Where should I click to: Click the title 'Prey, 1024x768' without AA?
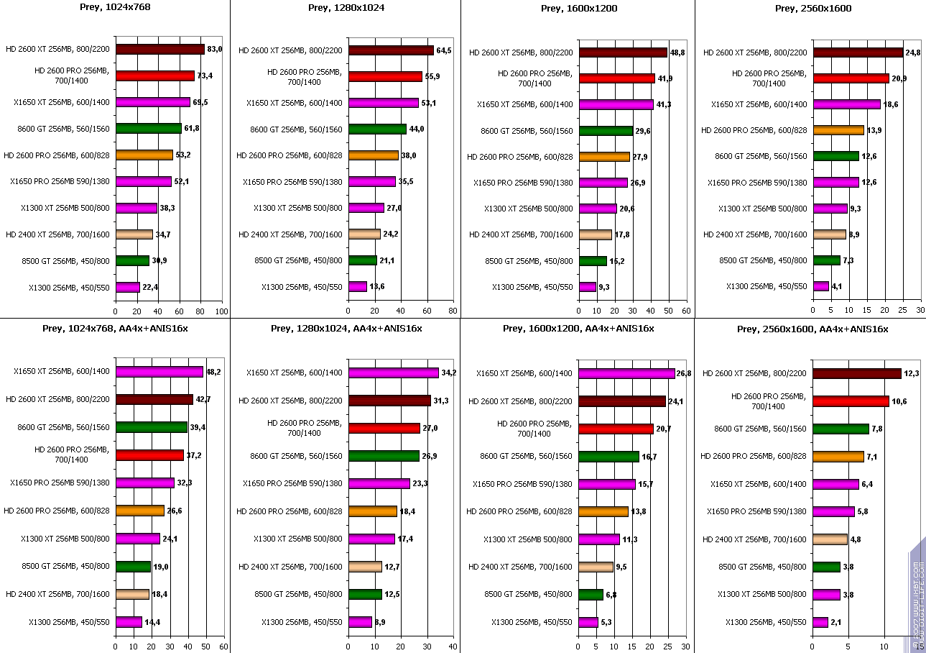point(115,8)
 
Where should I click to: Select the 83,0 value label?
point(215,49)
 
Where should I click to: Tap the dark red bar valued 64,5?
point(391,50)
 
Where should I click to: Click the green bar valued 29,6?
point(606,130)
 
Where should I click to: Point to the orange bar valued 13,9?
point(838,130)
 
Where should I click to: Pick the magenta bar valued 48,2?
point(159,372)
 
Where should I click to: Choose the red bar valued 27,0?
point(384,428)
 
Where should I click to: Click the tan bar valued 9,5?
point(596,567)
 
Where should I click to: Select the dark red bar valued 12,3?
point(857,373)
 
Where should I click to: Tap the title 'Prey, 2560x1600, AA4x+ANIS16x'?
point(812,329)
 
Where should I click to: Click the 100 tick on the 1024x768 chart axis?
point(221,311)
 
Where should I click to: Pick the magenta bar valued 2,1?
point(820,622)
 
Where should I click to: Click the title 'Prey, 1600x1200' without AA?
point(578,8)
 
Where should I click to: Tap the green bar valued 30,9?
point(132,260)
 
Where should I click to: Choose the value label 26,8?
point(686,373)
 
